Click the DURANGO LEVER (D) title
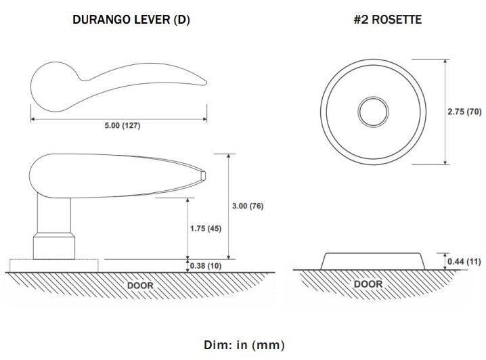[x=131, y=20]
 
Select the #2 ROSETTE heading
[x=387, y=19]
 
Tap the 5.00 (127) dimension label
[x=123, y=125]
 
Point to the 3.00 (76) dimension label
[x=248, y=206]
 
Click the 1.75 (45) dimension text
[x=206, y=229]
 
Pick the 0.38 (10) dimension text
[x=206, y=266]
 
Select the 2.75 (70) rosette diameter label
[x=464, y=112]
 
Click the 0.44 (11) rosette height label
[x=464, y=262]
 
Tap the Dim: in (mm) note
[x=244, y=345]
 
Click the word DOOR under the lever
[x=140, y=286]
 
